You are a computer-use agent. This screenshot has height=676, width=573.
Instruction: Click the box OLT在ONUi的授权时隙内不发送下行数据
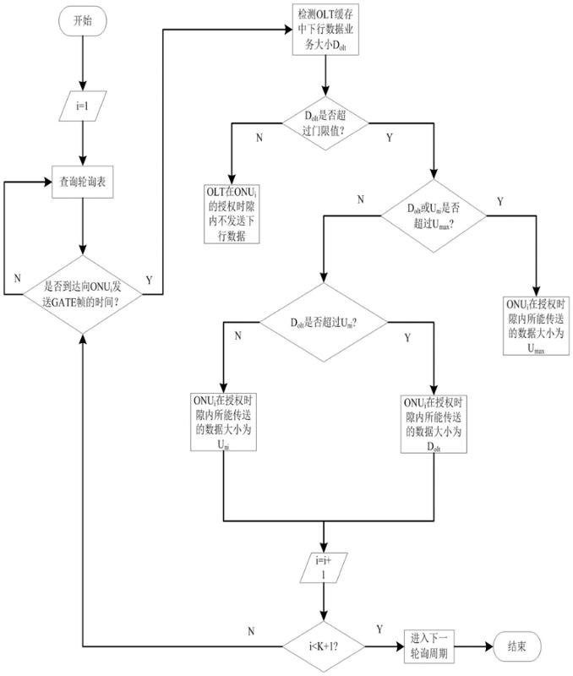point(230,215)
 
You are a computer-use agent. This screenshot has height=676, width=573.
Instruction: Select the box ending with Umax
point(536,324)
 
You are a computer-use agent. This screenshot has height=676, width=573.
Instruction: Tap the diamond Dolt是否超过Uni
point(325,323)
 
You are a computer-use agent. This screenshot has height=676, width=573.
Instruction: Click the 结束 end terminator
point(518,645)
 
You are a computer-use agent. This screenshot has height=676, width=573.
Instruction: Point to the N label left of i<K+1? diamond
point(251,630)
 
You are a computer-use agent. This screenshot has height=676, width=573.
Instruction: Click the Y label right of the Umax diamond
point(500,201)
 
